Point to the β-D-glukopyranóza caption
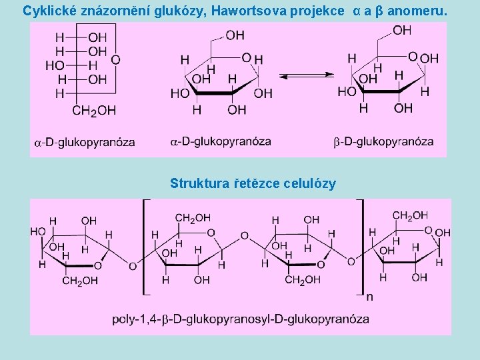[x=383, y=141]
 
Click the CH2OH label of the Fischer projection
[x=93, y=110]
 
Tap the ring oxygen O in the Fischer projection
[x=115, y=60]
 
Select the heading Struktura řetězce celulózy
[x=253, y=183]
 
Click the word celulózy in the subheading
[x=310, y=183]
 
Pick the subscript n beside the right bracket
[x=369, y=297]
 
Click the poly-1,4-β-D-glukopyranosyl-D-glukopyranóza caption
[x=240, y=319]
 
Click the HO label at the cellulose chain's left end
[x=38, y=231]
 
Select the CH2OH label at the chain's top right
[x=410, y=215]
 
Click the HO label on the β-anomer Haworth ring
[x=347, y=91]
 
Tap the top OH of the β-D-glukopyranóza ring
[x=402, y=30]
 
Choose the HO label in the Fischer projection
[x=55, y=65]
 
